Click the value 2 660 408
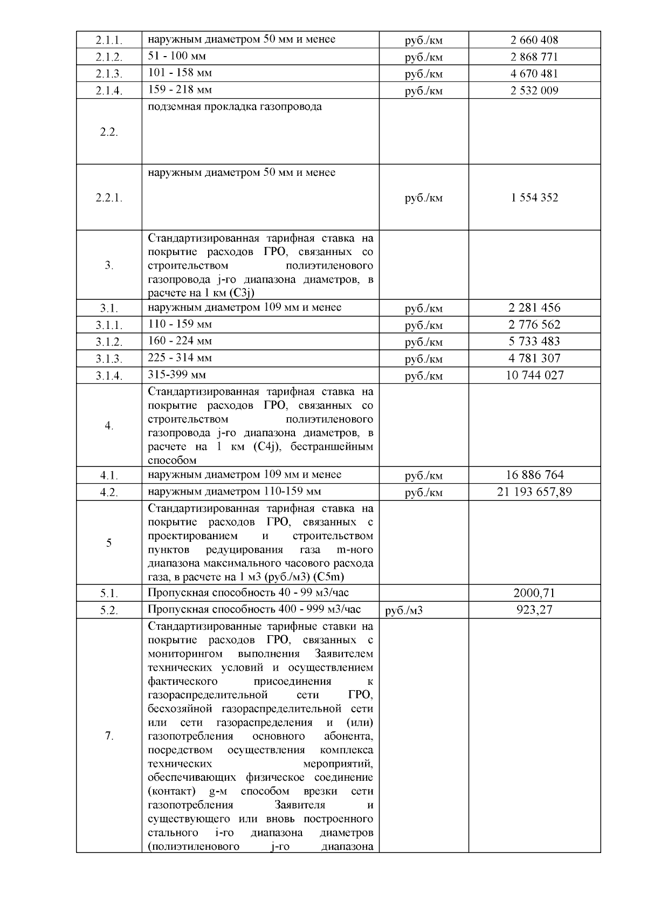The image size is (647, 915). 534,40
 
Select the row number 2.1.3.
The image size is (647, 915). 109,74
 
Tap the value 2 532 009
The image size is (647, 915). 534,91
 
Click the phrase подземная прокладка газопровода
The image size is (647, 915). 235,107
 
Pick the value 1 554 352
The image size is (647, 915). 534,197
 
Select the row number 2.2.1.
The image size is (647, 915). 109,198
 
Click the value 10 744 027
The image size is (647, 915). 534,375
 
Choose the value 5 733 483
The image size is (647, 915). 534,341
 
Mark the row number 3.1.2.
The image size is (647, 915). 109,342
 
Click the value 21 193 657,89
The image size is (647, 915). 534,492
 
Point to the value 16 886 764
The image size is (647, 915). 534,475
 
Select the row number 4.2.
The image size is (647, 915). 109,493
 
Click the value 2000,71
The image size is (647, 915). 534,594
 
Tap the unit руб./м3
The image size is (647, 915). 404,611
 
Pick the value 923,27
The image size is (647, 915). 534,610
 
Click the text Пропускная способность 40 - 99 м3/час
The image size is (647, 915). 248,593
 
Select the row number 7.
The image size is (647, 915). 109,737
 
